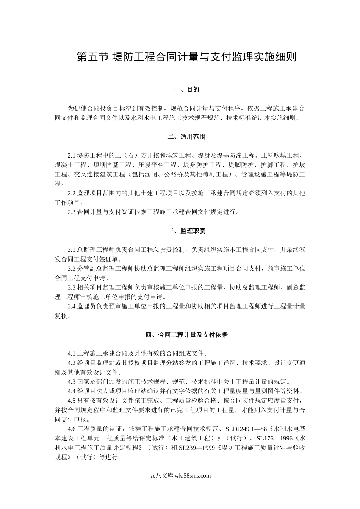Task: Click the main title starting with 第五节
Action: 186,57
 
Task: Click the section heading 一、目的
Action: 186,90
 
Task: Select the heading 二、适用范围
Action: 186,137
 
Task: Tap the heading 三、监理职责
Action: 186,231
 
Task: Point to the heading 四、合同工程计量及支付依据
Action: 186,335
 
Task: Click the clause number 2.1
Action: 72,156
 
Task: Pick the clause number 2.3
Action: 72,212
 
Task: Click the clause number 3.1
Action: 72,250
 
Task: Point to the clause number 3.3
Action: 72,287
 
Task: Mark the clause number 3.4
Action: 72,306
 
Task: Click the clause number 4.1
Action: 72,354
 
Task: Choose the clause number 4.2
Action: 72,363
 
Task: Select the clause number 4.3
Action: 72,382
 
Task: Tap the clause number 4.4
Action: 72,391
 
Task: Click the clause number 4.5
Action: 72,401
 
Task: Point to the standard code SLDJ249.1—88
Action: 247,429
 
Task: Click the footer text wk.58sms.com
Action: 193,476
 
